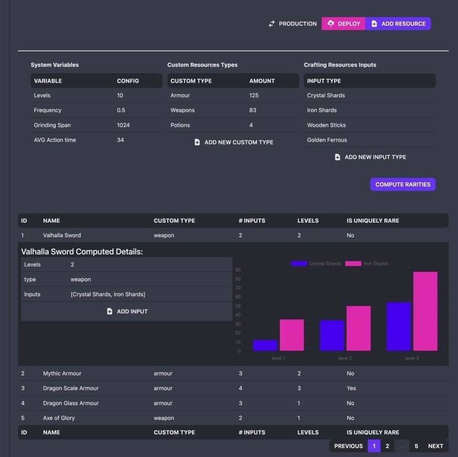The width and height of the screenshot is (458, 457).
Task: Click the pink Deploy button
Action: [x=343, y=24]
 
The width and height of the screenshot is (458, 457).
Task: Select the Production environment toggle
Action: [x=292, y=24]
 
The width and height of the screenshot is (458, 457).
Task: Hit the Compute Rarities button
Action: [x=402, y=185]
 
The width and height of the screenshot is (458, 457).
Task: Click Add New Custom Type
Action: [x=233, y=143]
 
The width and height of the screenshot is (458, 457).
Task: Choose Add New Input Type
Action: [x=370, y=157]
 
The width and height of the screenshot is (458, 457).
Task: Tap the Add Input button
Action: [x=127, y=312]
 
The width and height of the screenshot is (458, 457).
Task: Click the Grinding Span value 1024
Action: [x=124, y=125]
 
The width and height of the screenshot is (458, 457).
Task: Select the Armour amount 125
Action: [x=254, y=96]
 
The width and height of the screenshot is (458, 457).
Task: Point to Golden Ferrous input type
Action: [x=327, y=140]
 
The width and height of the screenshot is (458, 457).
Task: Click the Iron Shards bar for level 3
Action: [x=425, y=311]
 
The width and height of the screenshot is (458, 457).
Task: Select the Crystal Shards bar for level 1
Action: [x=265, y=345]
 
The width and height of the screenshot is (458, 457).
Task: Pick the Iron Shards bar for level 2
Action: [x=358, y=328]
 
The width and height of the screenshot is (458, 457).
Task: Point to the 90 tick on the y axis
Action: [x=238, y=270]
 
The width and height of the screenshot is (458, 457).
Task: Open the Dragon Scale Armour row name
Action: [x=71, y=389]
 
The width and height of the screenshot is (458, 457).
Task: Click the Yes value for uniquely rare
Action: [x=351, y=389]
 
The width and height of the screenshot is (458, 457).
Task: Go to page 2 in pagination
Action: [x=387, y=446]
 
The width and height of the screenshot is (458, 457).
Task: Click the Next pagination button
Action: [x=435, y=446]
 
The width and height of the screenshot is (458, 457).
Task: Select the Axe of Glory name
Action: [x=59, y=418]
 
